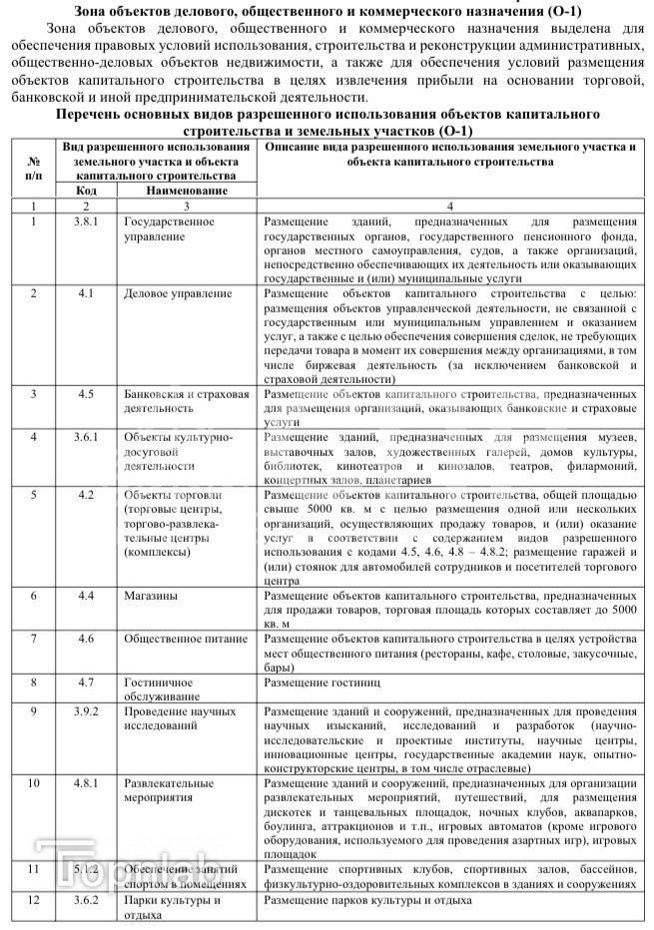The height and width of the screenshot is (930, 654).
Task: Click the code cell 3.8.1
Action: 86,221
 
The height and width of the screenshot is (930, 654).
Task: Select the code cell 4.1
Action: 86,293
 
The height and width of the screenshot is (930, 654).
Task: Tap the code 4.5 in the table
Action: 86,393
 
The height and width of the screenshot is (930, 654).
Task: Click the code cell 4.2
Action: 86,495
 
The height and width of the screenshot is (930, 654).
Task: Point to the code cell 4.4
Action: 86,596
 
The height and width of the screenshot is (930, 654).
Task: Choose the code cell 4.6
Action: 86,639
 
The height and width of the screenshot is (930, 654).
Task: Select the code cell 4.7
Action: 86,683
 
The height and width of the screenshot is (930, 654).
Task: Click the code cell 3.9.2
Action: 86,711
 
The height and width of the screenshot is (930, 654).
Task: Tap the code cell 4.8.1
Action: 86,783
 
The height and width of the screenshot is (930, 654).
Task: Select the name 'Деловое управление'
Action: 178,293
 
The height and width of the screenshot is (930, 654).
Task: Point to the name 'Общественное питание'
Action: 185,639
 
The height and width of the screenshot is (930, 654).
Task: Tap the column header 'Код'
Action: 86,190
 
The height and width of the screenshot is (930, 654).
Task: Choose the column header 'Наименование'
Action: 186,190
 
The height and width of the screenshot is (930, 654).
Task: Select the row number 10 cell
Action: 34,783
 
